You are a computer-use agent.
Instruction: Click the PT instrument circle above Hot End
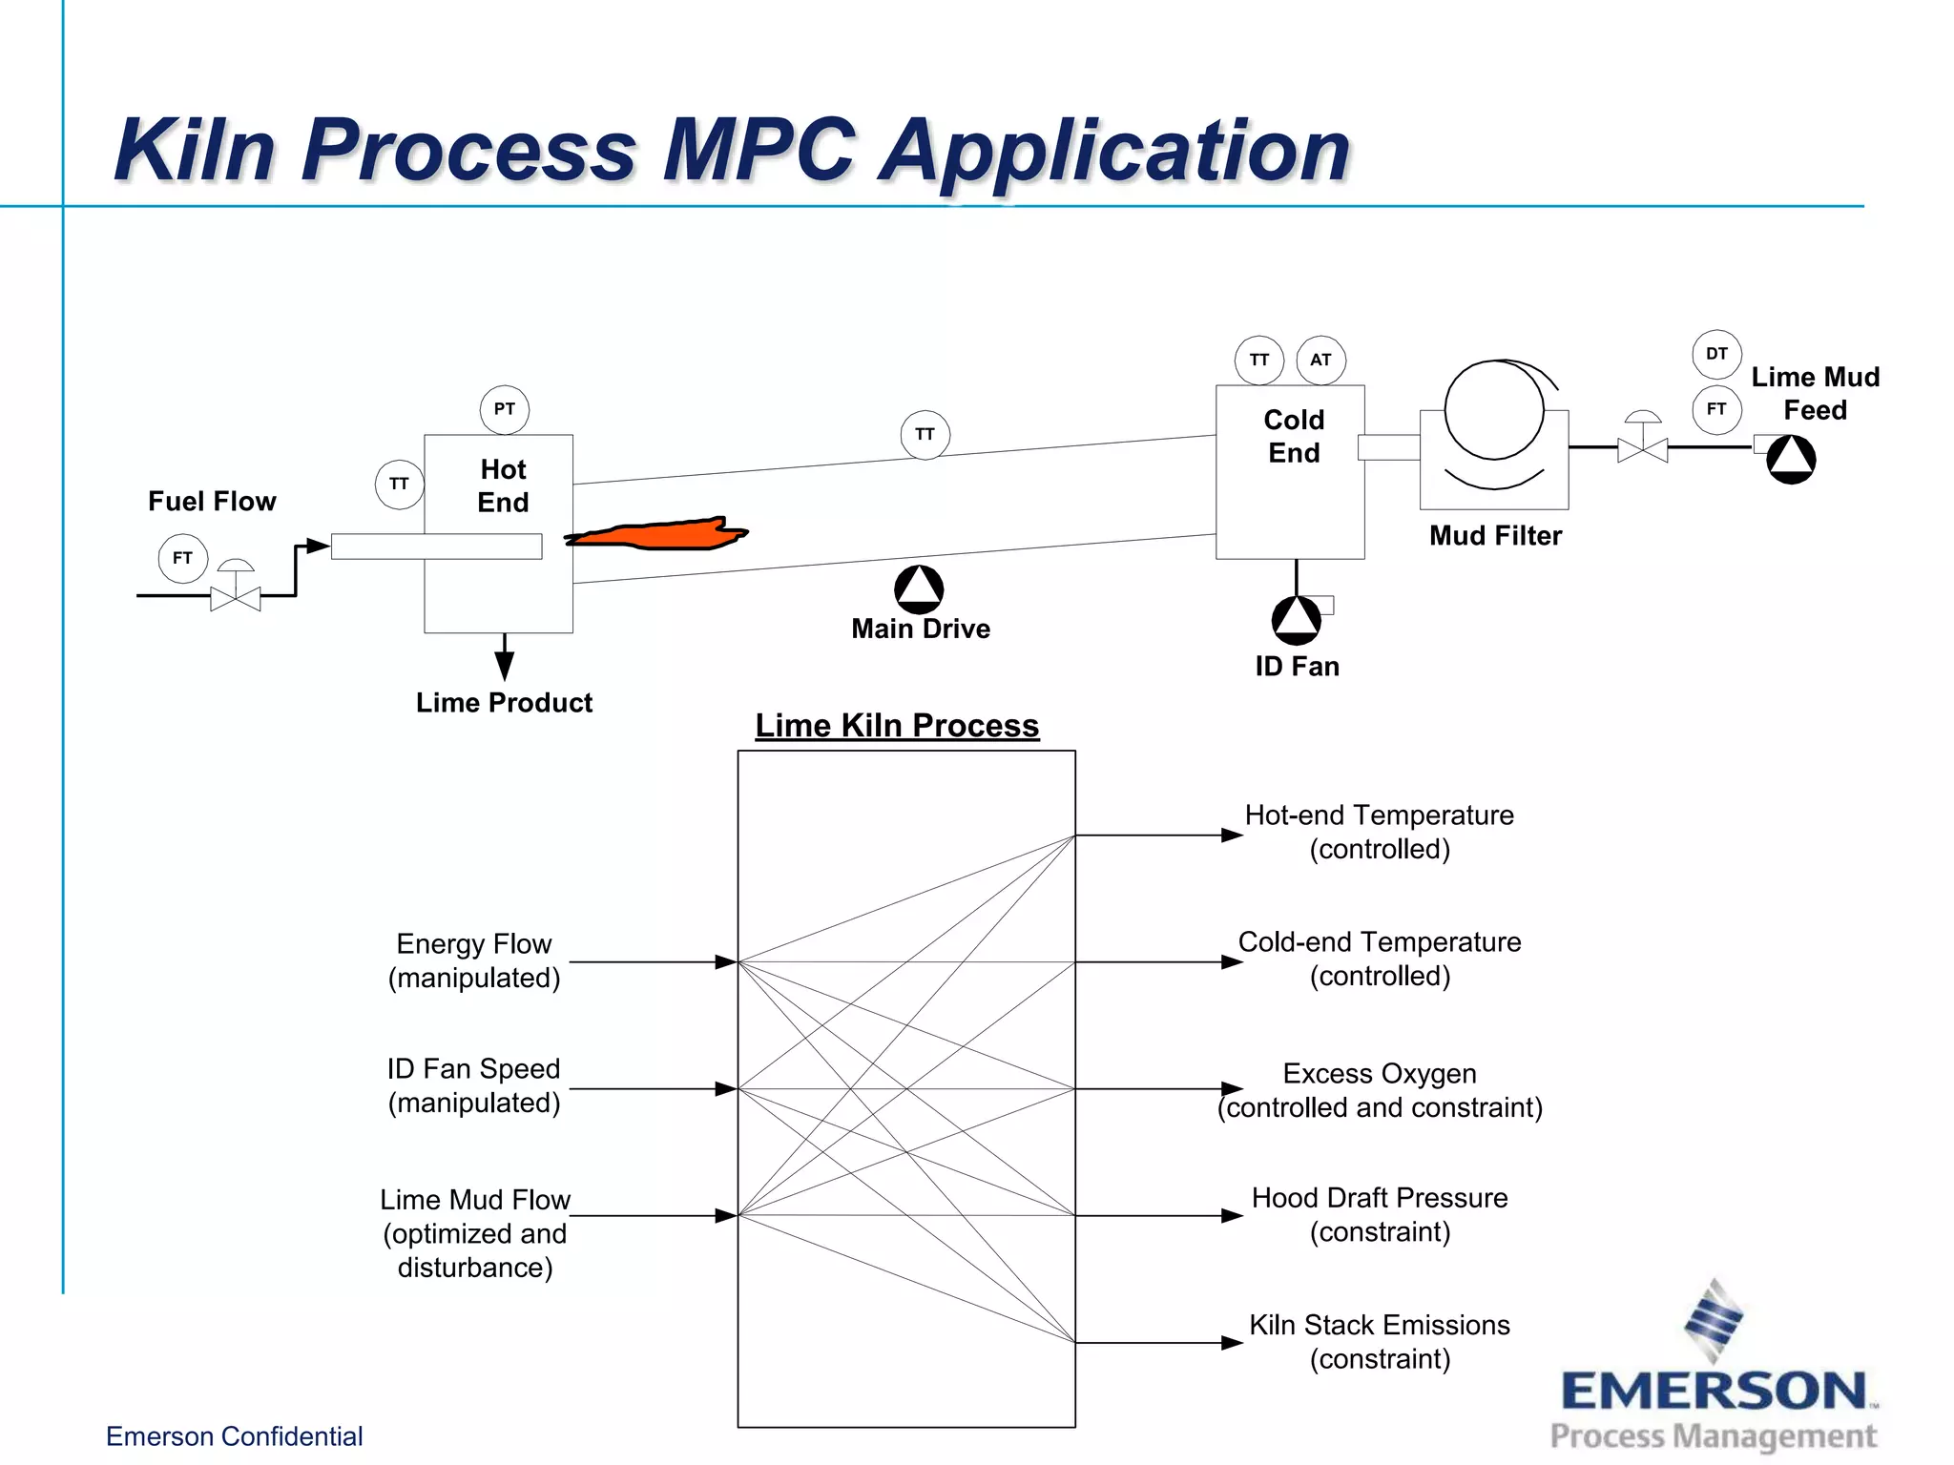(x=504, y=409)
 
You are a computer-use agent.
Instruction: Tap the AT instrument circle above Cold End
(x=1320, y=360)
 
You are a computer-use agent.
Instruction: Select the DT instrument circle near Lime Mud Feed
(x=1716, y=354)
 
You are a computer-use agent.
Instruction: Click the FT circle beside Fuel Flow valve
(x=182, y=558)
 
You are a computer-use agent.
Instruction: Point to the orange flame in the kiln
(x=658, y=534)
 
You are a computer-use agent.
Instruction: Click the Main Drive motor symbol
(x=919, y=589)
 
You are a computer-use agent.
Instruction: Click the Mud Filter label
(x=1495, y=536)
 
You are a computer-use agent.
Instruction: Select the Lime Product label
(x=504, y=703)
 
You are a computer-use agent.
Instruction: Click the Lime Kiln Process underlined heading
(x=897, y=726)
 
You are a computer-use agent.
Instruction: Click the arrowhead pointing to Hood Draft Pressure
(x=1232, y=1215)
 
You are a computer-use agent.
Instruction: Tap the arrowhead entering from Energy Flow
(x=726, y=962)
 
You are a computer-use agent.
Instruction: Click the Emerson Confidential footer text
(x=234, y=1436)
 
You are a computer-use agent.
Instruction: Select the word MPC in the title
(x=759, y=150)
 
